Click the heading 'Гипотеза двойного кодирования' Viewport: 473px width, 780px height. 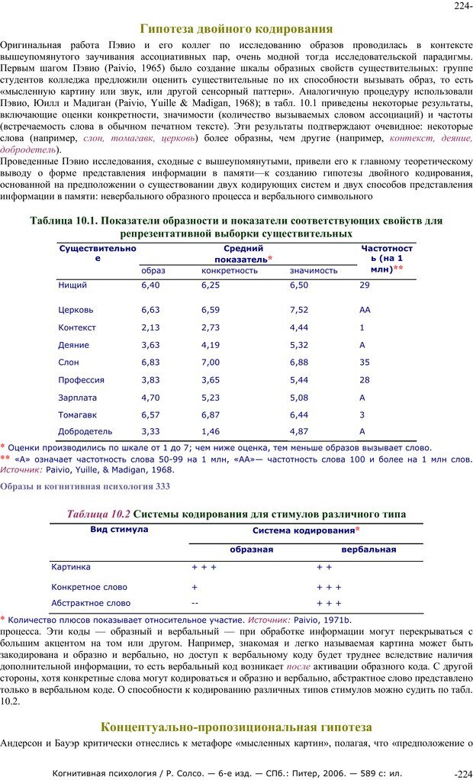236,29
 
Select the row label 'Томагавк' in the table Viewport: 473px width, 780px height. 78,414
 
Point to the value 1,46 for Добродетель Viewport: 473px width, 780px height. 211,431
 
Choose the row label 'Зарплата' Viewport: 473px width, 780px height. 78,398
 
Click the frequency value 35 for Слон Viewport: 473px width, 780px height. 365,362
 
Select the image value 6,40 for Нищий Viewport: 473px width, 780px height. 151,285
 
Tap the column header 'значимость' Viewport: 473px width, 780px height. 314,270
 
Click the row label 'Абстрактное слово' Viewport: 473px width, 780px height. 91,603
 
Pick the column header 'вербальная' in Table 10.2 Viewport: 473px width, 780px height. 368,549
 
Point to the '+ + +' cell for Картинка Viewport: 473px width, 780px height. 204,567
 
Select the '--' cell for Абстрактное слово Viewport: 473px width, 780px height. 195,603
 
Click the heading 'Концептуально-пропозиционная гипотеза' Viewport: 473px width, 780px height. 236,727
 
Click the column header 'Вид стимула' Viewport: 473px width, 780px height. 119,529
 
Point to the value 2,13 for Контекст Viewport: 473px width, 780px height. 151,327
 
